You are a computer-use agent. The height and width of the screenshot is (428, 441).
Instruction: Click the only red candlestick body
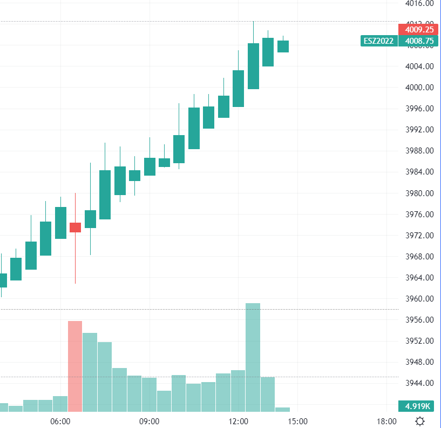pos(76,228)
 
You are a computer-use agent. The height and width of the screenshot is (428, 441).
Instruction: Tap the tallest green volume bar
pos(253,357)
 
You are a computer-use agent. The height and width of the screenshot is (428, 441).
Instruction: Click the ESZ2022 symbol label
pos(378,41)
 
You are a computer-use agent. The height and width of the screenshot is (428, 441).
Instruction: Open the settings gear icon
pos(420,421)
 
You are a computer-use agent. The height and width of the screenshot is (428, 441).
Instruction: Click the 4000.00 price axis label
pos(419,88)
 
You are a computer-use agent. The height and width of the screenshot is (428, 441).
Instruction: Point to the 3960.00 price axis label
pos(419,299)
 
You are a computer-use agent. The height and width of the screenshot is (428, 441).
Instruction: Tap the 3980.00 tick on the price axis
pos(419,193)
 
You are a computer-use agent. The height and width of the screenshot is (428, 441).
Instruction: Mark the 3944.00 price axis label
pos(419,383)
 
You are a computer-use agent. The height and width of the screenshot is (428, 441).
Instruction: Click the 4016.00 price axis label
pos(419,3)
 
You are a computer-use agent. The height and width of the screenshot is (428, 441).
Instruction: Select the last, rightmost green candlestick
pos(283,46)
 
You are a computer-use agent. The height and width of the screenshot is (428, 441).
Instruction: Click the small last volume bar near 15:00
pos(282,410)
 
